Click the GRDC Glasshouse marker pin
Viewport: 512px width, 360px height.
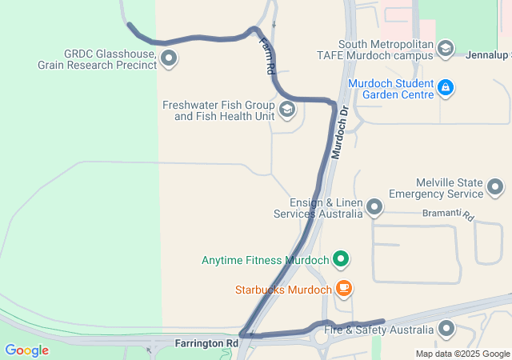pos(169,58)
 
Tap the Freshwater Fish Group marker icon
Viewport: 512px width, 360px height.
pos(286,110)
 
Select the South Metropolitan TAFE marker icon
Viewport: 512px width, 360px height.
pos(446,49)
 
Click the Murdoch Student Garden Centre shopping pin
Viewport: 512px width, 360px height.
pos(446,87)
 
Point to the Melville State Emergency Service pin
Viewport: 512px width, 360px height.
pos(495,188)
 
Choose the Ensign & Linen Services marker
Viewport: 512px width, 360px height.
pos(374,209)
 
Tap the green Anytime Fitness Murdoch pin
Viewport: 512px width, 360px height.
pos(342,259)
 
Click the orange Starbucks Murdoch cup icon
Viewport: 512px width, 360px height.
pos(343,288)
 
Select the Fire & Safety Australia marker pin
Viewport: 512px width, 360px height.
pos(446,329)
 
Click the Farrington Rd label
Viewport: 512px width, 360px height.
pos(206,343)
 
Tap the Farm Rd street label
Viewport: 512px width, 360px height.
pos(266,59)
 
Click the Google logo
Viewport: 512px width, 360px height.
pos(26,350)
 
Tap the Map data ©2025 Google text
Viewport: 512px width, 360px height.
pos(462,354)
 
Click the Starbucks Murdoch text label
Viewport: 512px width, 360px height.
pos(282,289)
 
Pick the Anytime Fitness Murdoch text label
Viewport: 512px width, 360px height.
pos(265,260)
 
